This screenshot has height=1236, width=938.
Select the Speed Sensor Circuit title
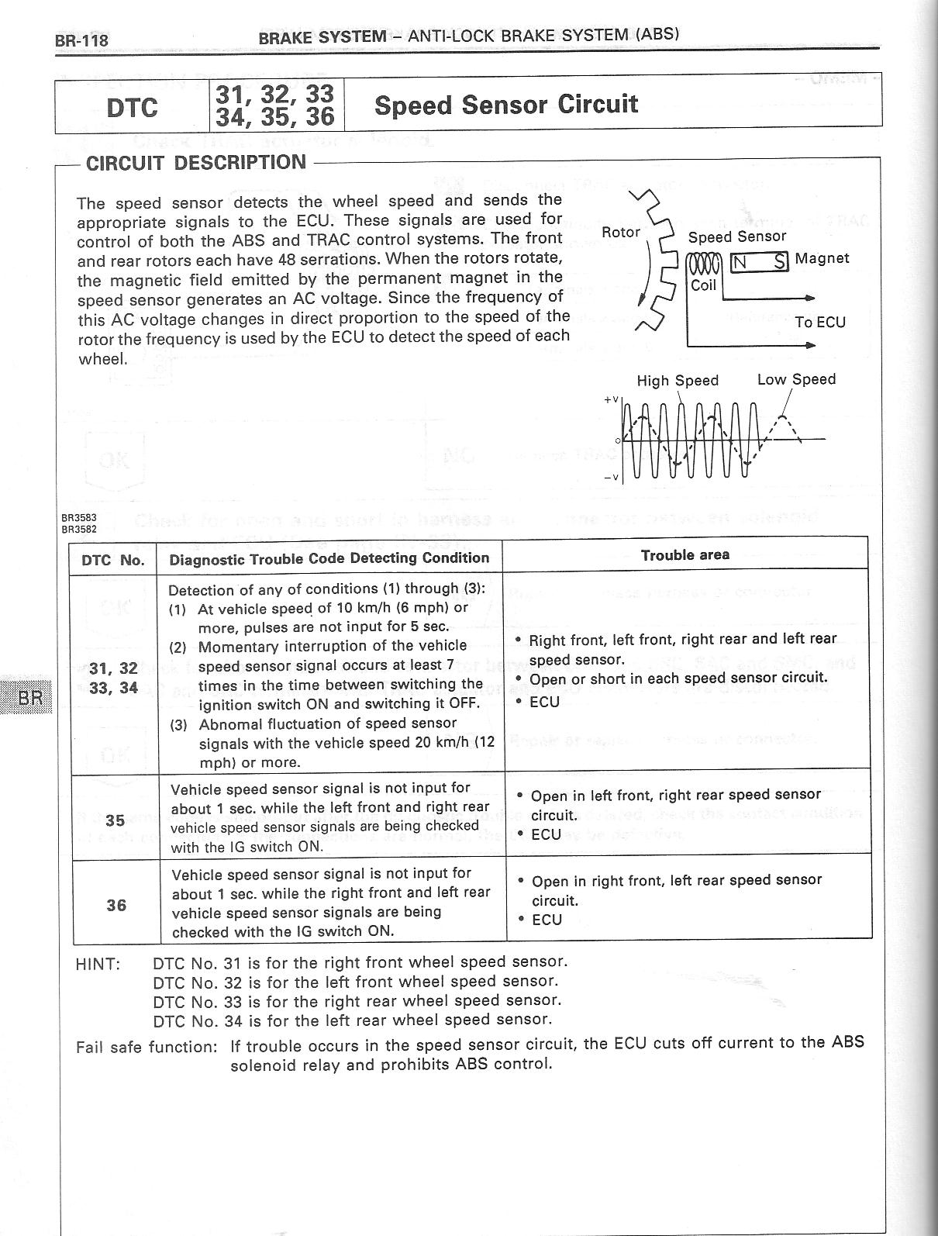point(505,105)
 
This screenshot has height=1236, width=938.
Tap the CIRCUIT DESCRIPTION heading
point(195,163)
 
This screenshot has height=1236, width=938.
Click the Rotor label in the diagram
point(621,232)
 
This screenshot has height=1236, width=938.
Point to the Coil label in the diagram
point(704,285)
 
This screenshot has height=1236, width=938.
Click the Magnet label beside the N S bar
point(822,258)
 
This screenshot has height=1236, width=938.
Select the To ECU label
point(820,322)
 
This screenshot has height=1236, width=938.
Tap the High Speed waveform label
point(678,381)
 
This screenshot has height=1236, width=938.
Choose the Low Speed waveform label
point(796,379)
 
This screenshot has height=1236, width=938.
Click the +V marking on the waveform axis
point(611,399)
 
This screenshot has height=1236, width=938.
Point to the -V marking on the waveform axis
point(611,476)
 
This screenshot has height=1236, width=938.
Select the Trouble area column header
point(685,555)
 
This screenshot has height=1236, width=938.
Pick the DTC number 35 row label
point(116,820)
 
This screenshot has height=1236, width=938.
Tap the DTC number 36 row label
point(116,905)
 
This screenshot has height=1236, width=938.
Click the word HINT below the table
point(98,965)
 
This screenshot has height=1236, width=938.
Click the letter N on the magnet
point(740,262)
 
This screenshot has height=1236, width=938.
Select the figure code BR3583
point(78,516)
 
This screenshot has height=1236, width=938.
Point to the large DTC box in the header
point(133,106)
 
